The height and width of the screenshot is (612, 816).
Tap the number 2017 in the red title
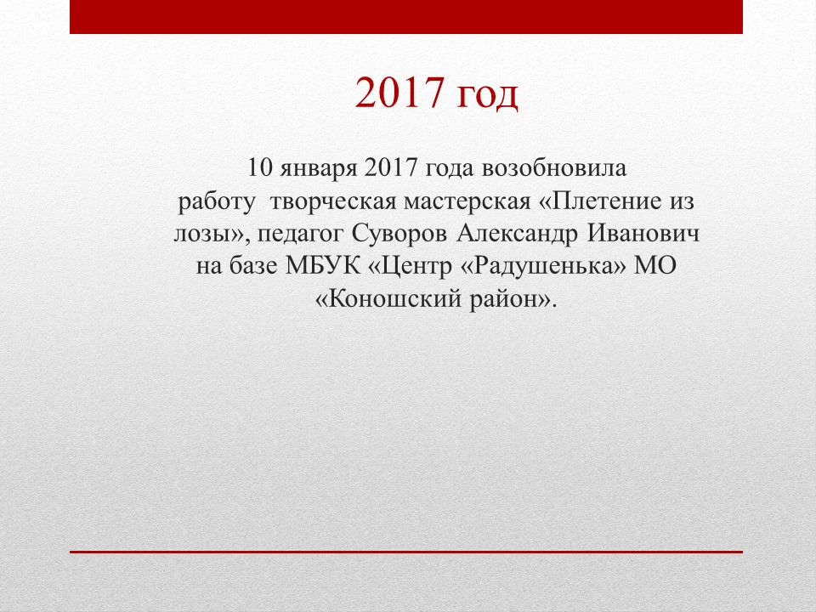point(399,92)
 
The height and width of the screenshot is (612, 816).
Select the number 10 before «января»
point(260,167)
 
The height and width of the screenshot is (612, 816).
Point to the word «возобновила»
point(554,168)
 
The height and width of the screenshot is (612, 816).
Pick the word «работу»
point(217,202)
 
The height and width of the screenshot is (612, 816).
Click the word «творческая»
point(333,203)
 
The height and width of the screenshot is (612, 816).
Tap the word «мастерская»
point(467,203)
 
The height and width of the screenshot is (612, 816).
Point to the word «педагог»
point(301,235)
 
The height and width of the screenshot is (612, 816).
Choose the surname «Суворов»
point(399,235)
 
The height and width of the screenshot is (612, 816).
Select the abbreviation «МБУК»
point(323,266)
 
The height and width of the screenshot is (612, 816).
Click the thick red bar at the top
point(406,17)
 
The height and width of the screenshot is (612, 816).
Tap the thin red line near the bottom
point(406,552)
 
